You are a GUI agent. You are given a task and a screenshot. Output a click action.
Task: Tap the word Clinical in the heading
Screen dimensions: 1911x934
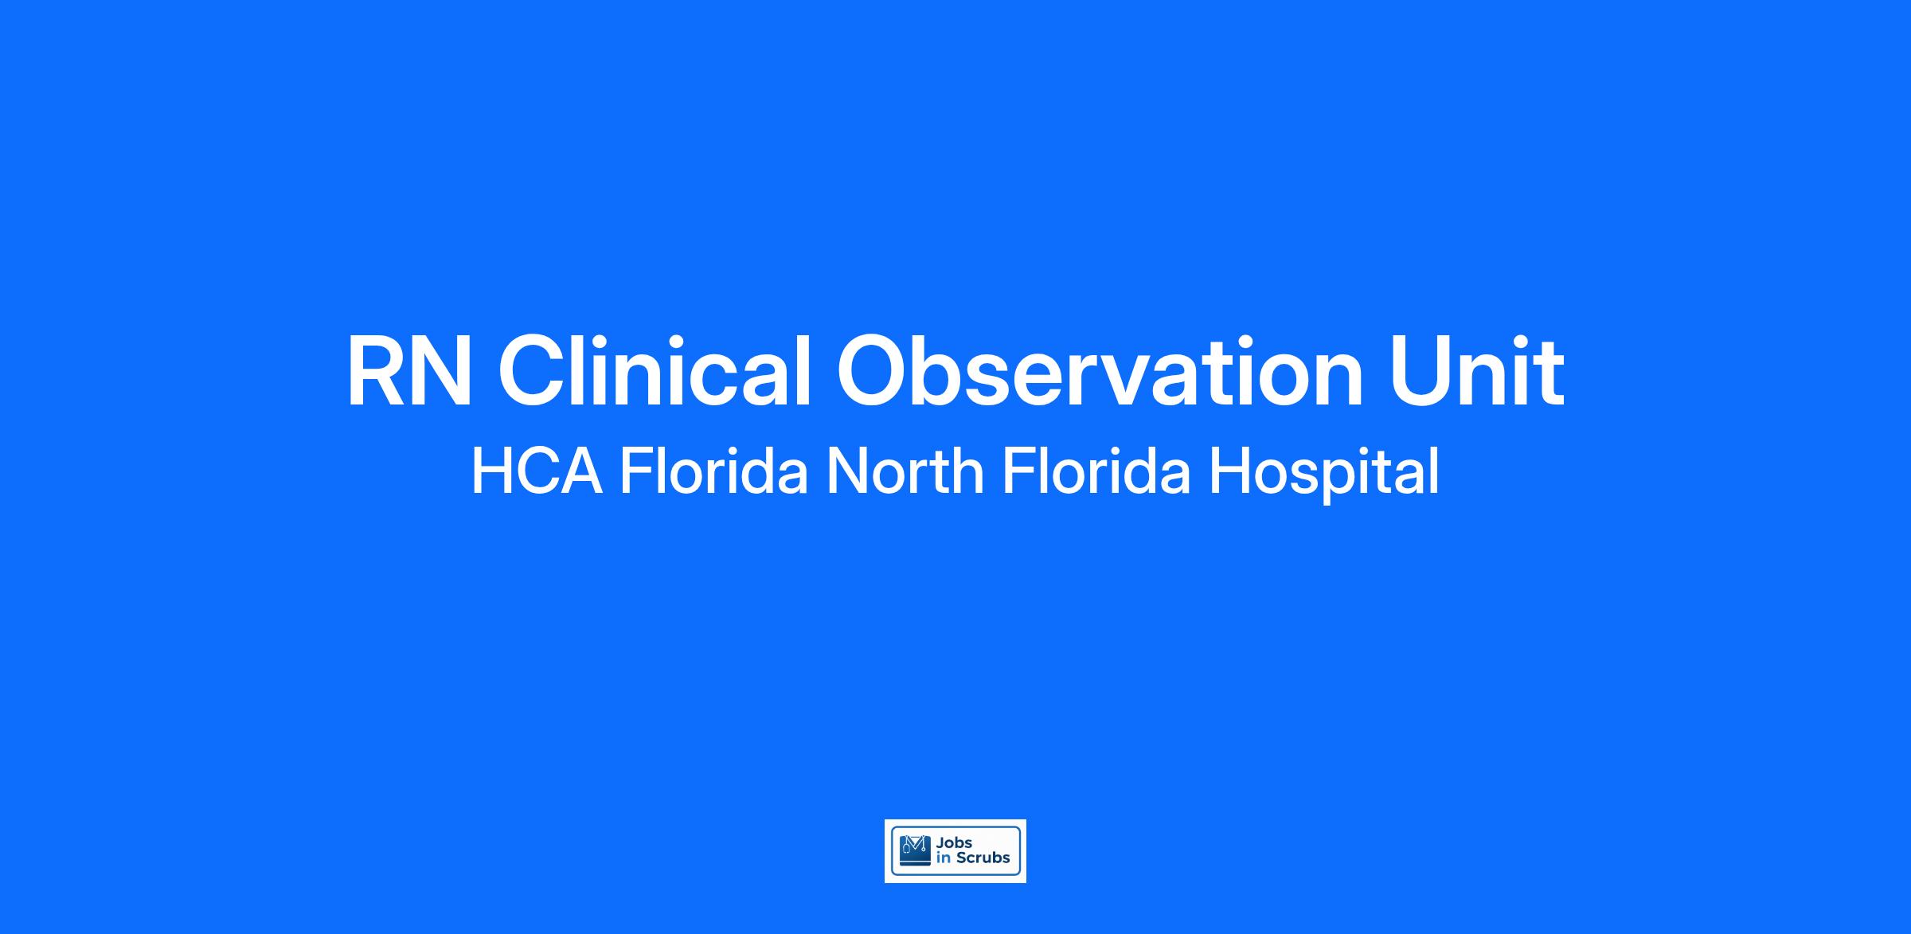pyautogui.click(x=655, y=369)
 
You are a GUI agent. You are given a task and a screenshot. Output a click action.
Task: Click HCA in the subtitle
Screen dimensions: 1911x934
pyautogui.click(x=537, y=471)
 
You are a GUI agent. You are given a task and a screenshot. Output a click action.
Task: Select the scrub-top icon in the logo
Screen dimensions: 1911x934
pyautogui.click(x=915, y=851)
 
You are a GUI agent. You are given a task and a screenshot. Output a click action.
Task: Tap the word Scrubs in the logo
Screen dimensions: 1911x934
pyautogui.click(x=983, y=858)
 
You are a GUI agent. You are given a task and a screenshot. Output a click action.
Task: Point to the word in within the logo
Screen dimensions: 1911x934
pyautogui.click(x=944, y=858)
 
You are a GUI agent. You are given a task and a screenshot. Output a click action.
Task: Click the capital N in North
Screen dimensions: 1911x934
pyautogui.click(x=848, y=471)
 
